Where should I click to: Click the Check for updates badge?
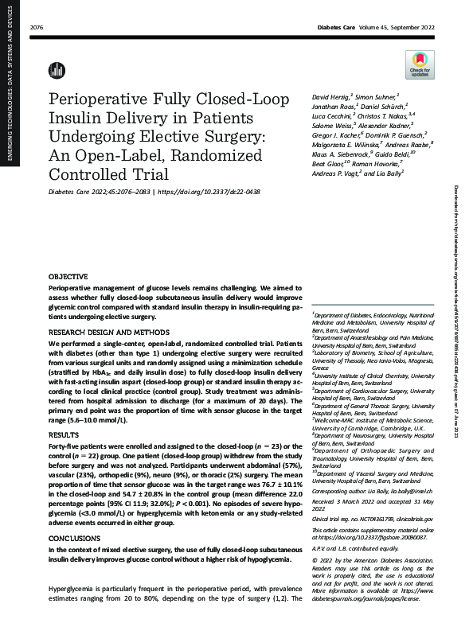click(419, 64)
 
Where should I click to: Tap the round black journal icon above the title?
click(57, 70)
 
